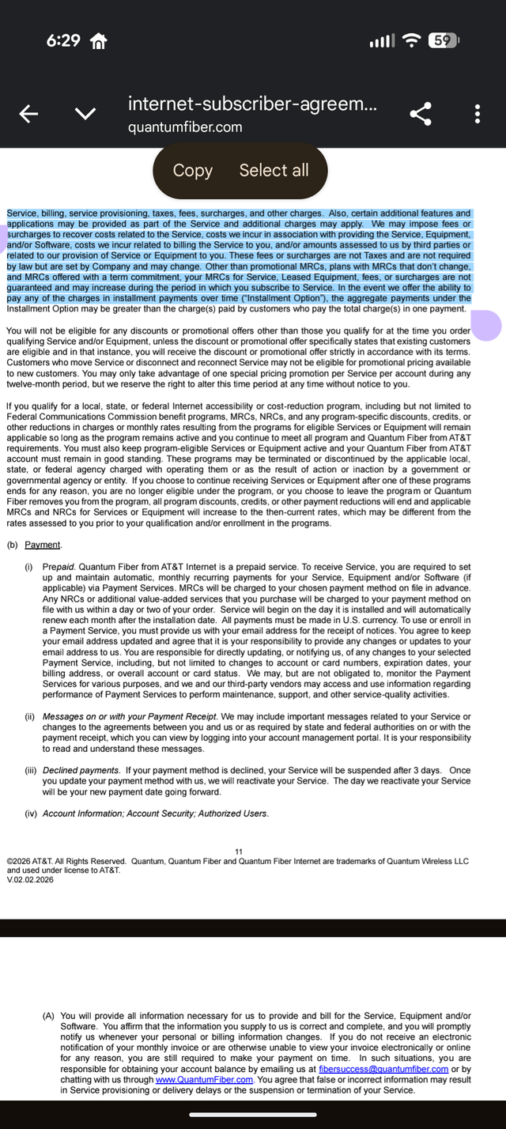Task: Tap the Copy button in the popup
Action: (x=192, y=170)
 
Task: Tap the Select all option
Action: (x=274, y=170)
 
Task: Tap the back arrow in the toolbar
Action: (x=28, y=115)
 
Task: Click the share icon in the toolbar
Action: (x=421, y=115)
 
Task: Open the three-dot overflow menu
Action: (x=478, y=115)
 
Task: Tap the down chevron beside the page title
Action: (x=85, y=115)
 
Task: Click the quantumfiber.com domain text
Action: (x=185, y=127)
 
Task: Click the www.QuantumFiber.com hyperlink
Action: (x=204, y=1079)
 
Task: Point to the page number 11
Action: (x=239, y=851)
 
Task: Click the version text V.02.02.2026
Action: (x=30, y=879)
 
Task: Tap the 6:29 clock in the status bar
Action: (x=63, y=40)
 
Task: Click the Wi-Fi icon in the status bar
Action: (x=411, y=40)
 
